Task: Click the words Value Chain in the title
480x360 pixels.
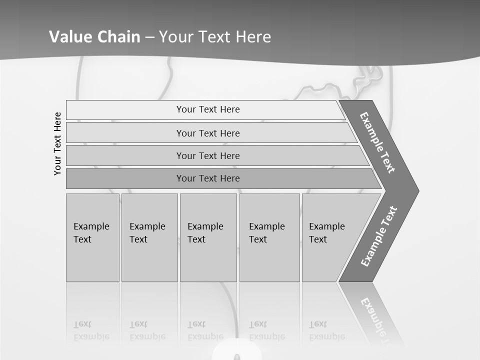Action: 94,37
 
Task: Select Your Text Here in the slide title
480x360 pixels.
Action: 215,37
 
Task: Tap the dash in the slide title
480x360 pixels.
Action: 149,37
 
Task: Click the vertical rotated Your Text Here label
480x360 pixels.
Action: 57,143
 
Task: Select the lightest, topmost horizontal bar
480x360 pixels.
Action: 208,109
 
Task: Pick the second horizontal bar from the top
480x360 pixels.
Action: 208,133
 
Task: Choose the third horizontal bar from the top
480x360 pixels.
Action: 208,155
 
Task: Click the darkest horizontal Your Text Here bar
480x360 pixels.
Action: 208,178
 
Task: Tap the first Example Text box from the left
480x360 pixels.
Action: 92,237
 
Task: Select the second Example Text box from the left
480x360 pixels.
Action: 149,237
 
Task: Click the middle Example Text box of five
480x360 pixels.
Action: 208,237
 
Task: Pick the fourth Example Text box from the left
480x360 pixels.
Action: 269,237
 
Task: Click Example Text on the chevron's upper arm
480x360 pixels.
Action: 377,142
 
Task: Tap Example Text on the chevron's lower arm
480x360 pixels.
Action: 379,236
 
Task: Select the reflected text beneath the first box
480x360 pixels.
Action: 91,330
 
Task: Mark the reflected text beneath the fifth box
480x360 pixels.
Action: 326,330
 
